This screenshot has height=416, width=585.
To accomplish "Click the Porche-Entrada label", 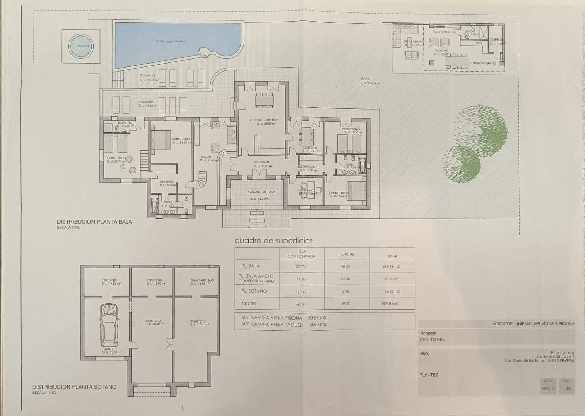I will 261,192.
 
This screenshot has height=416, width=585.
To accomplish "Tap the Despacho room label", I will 306,191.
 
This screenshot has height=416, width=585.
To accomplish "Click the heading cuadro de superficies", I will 273,240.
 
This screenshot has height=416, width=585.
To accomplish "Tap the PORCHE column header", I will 347,254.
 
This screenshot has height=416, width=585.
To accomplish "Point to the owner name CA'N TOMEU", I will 433,339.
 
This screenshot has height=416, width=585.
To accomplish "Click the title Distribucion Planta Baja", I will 94,221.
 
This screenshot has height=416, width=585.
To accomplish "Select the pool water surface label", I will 169,42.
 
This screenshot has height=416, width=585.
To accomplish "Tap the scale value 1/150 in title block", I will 566,388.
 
